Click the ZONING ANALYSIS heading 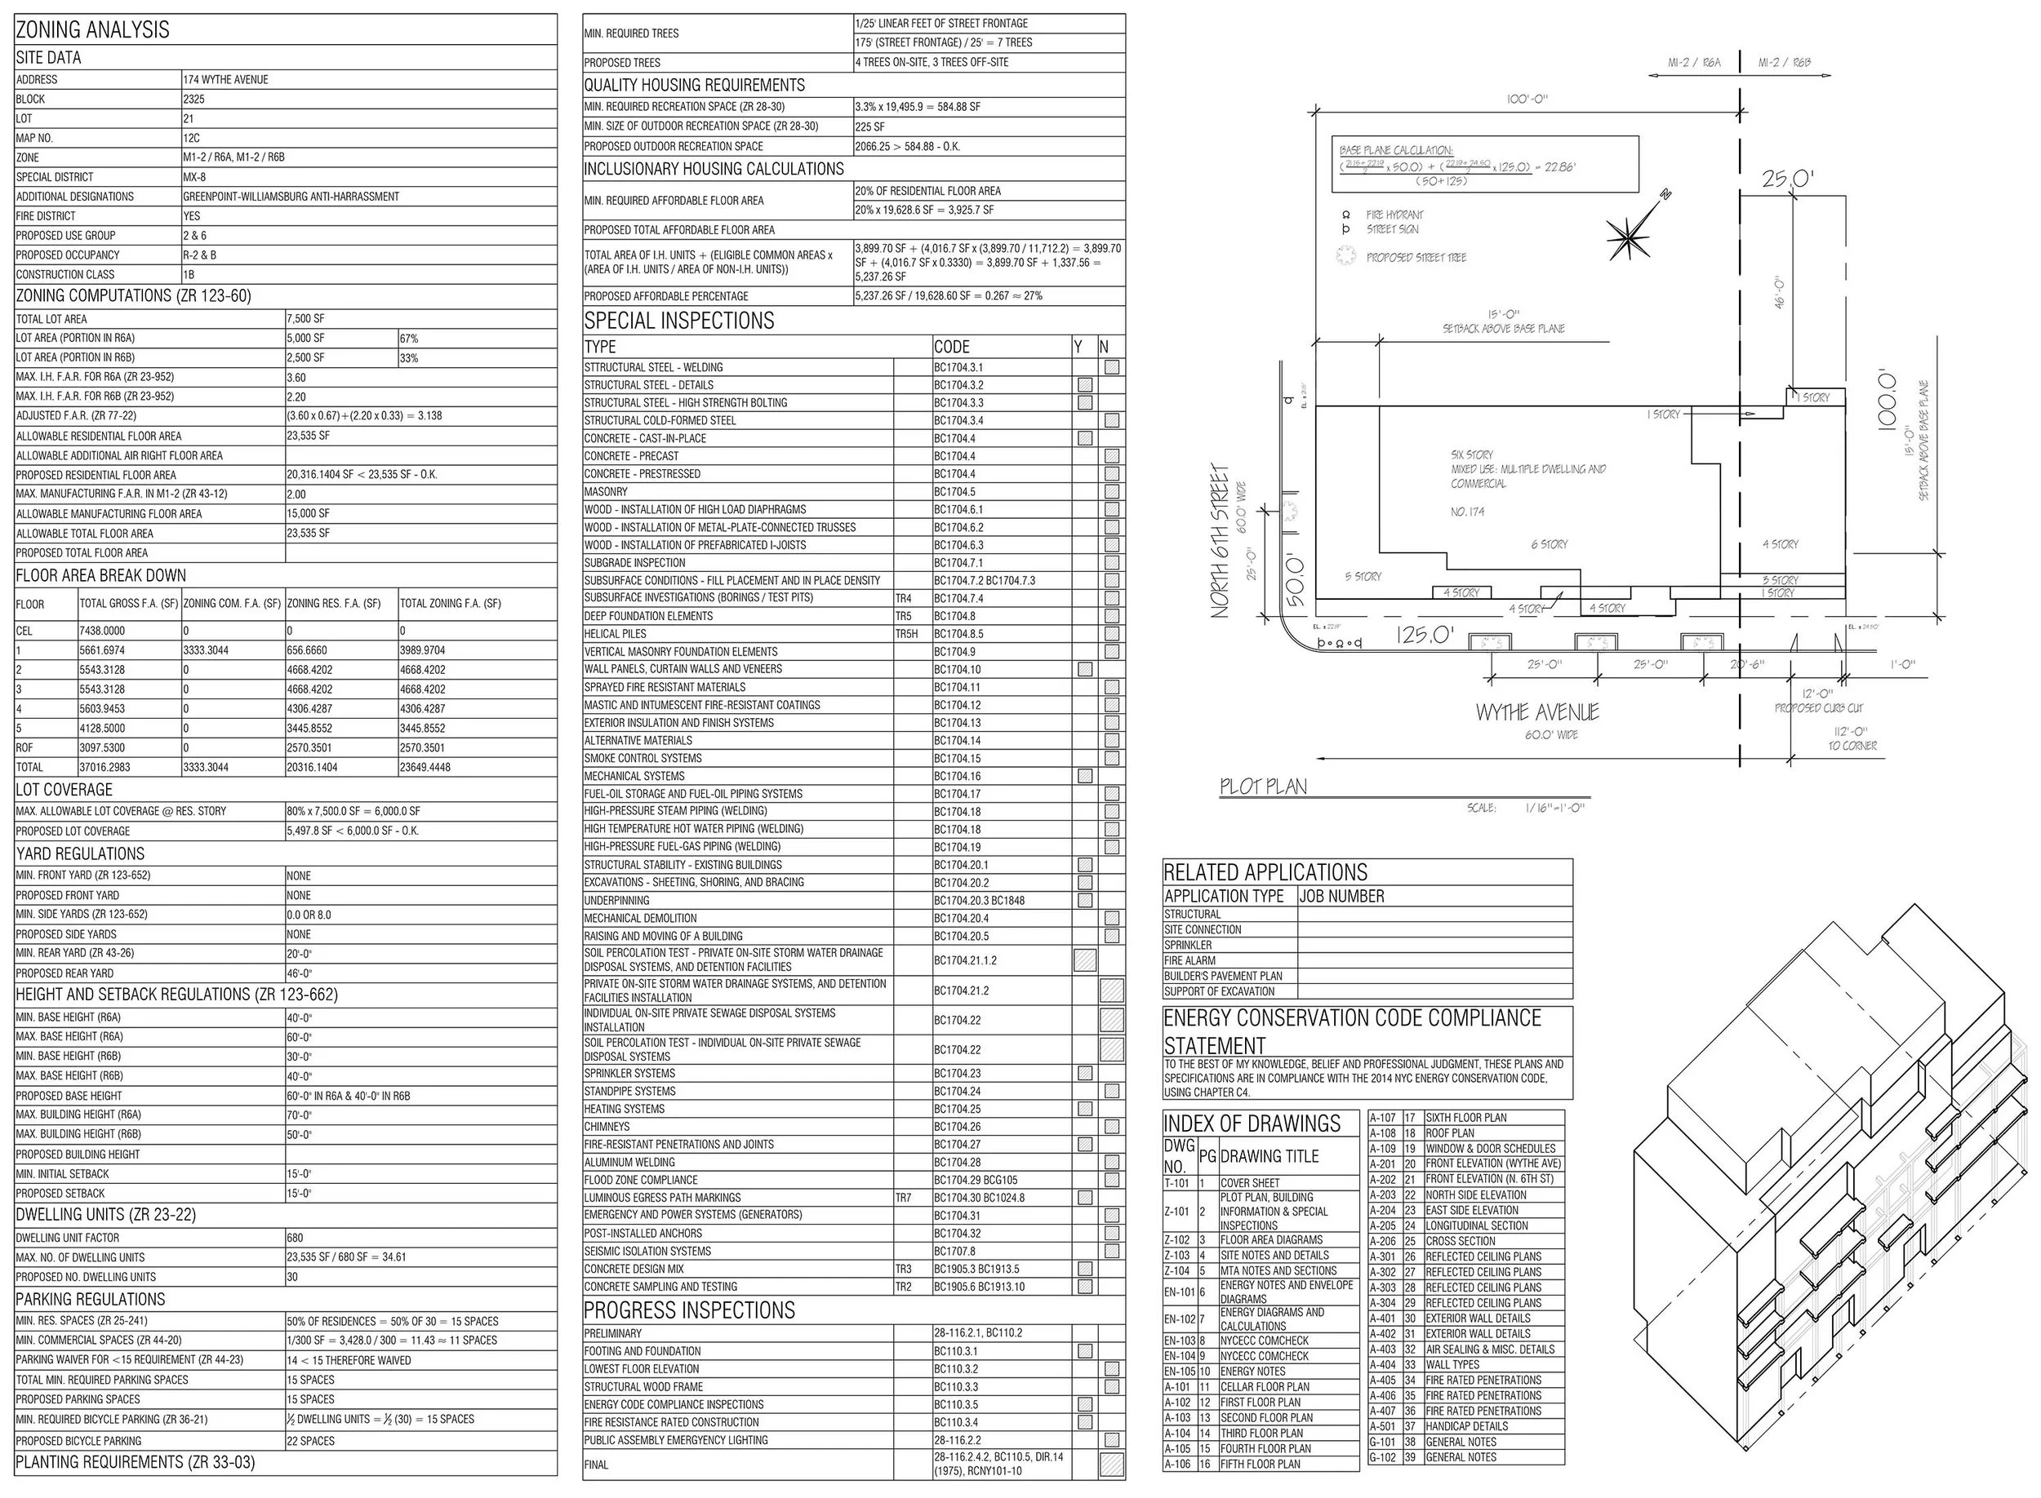pyautogui.click(x=92, y=30)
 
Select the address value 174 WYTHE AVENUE pyautogui.click(x=226, y=80)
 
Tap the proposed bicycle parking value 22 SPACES pyautogui.click(x=311, y=1441)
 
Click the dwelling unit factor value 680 pyautogui.click(x=295, y=1238)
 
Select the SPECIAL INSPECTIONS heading pyautogui.click(x=678, y=321)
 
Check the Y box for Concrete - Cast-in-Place pyautogui.click(x=1085, y=439)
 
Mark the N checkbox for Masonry pyautogui.click(x=1111, y=491)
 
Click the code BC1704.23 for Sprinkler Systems pyautogui.click(x=957, y=1074)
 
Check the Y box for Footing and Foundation pyautogui.click(x=1085, y=1351)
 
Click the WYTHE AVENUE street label pyautogui.click(x=1537, y=713)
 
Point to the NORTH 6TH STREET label pyautogui.click(x=1221, y=541)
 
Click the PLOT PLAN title pyautogui.click(x=1263, y=787)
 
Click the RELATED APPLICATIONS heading pyautogui.click(x=1265, y=872)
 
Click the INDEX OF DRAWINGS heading pyautogui.click(x=1252, y=1123)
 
